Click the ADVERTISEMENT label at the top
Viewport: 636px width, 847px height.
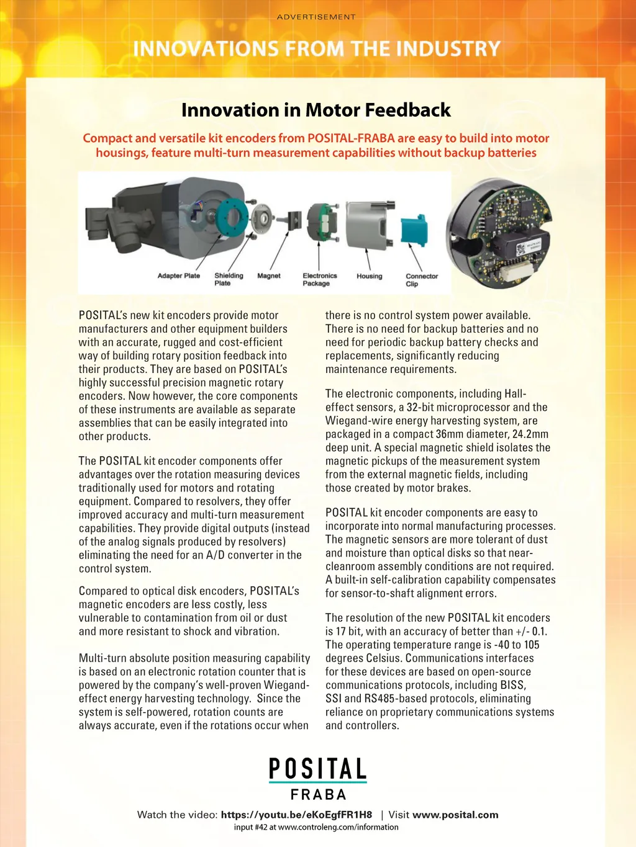point(316,17)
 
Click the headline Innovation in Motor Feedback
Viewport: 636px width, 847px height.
point(316,110)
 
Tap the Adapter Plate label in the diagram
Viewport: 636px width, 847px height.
point(179,276)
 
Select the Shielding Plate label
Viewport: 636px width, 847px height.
point(229,279)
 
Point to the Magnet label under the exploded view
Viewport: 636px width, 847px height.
point(269,276)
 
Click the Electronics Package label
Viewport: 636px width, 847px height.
point(319,279)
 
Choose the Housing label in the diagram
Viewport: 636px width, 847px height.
point(370,276)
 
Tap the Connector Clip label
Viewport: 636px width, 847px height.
point(422,280)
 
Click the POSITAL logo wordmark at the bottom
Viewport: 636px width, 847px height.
point(317,769)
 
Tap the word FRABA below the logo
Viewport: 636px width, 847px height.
point(318,794)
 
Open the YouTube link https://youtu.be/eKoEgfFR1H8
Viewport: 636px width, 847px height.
point(296,815)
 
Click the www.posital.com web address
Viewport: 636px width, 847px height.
point(455,815)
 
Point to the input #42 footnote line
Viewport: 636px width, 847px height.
point(316,827)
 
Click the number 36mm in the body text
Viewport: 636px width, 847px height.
point(449,434)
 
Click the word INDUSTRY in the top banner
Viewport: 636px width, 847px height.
point(448,49)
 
